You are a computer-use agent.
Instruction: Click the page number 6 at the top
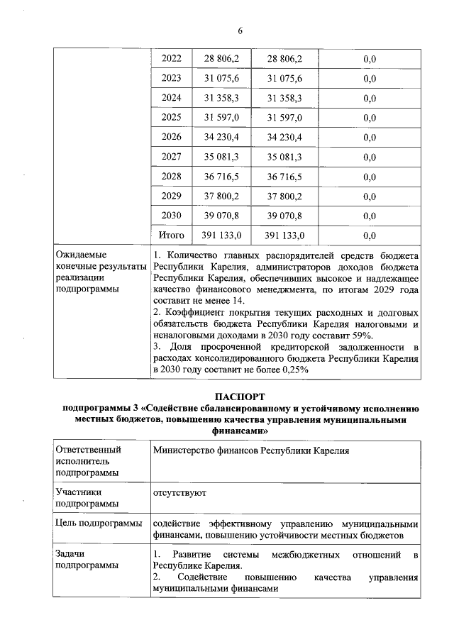point(240,30)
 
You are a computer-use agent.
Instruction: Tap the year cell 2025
point(172,116)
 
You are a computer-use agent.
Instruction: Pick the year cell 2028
point(172,176)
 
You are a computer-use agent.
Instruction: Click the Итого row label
point(172,235)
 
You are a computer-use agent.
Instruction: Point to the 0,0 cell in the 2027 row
point(369,156)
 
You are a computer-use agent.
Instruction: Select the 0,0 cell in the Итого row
point(369,235)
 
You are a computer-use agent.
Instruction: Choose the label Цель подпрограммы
point(98,523)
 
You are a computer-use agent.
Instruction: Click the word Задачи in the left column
point(70,553)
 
